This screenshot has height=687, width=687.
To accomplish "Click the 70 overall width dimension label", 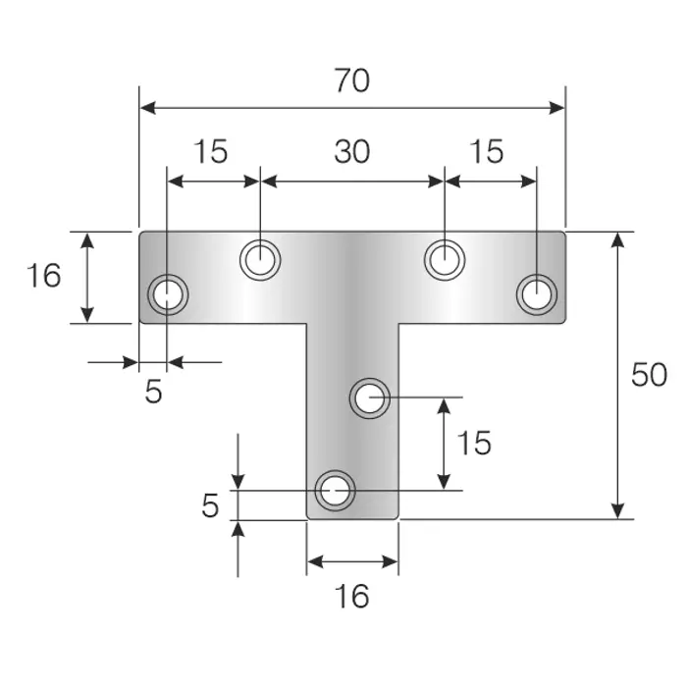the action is point(352,80).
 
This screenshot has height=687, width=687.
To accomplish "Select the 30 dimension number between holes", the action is point(352,151).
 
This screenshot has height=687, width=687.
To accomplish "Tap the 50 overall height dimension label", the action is point(649,375).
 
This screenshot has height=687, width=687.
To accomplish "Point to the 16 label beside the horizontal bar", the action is point(44,276).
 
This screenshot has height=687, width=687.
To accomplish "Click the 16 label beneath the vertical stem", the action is point(351,597).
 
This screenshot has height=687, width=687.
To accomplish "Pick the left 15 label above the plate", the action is point(211,151).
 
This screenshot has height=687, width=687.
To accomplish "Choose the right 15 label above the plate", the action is point(487,151).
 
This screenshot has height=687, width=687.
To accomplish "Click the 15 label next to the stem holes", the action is point(474,443).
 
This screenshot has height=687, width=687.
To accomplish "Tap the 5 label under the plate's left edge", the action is point(154,392).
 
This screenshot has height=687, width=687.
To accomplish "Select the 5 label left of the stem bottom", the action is point(210,505).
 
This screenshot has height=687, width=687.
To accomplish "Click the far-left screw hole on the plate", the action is point(168,294).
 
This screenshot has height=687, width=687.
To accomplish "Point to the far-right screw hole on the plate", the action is point(537,294).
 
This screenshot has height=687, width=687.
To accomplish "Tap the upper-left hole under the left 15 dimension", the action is point(260,260).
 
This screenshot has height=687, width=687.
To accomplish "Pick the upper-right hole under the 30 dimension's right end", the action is point(445,260).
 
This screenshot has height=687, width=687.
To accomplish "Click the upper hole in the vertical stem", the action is point(370,398).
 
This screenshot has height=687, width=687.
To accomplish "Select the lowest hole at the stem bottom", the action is point(336,491).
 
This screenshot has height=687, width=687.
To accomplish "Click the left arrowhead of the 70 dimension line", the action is point(147,107).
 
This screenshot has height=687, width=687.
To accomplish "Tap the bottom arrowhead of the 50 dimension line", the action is point(617,511).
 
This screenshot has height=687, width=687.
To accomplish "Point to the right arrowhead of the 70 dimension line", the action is point(556,107).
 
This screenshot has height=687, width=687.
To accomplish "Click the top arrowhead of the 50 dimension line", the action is point(617,239).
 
